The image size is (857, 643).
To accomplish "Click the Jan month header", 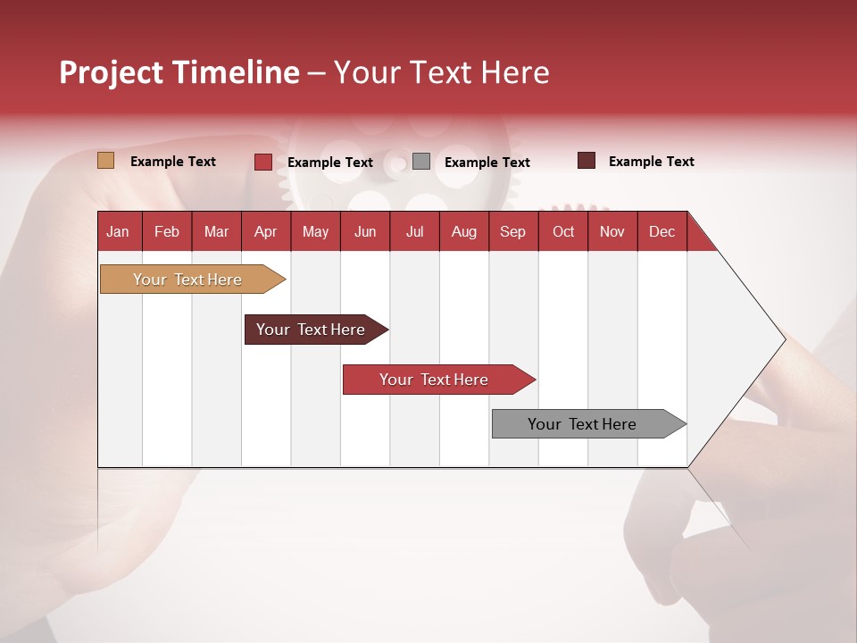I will [x=119, y=231].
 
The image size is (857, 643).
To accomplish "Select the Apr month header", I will [x=266, y=231].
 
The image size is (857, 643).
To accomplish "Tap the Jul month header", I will [x=414, y=231].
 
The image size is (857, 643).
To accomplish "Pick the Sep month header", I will [x=512, y=231].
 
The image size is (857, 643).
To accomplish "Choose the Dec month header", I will [x=661, y=231].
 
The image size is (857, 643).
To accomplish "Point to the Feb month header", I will [x=167, y=231].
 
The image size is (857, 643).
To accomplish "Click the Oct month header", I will [x=563, y=231].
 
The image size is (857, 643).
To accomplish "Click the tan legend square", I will [x=106, y=161].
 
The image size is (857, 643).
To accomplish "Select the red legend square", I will [x=263, y=162].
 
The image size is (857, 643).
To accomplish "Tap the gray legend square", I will [x=421, y=162].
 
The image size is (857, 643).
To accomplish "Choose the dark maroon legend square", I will [x=587, y=161].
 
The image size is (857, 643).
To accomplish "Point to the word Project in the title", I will [x=110, y=72].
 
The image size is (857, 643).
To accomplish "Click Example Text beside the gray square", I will [x=487, y=163].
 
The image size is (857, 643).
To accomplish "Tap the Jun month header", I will [x=365, y=231].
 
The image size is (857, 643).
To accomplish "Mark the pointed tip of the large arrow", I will [x=784, y=338].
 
